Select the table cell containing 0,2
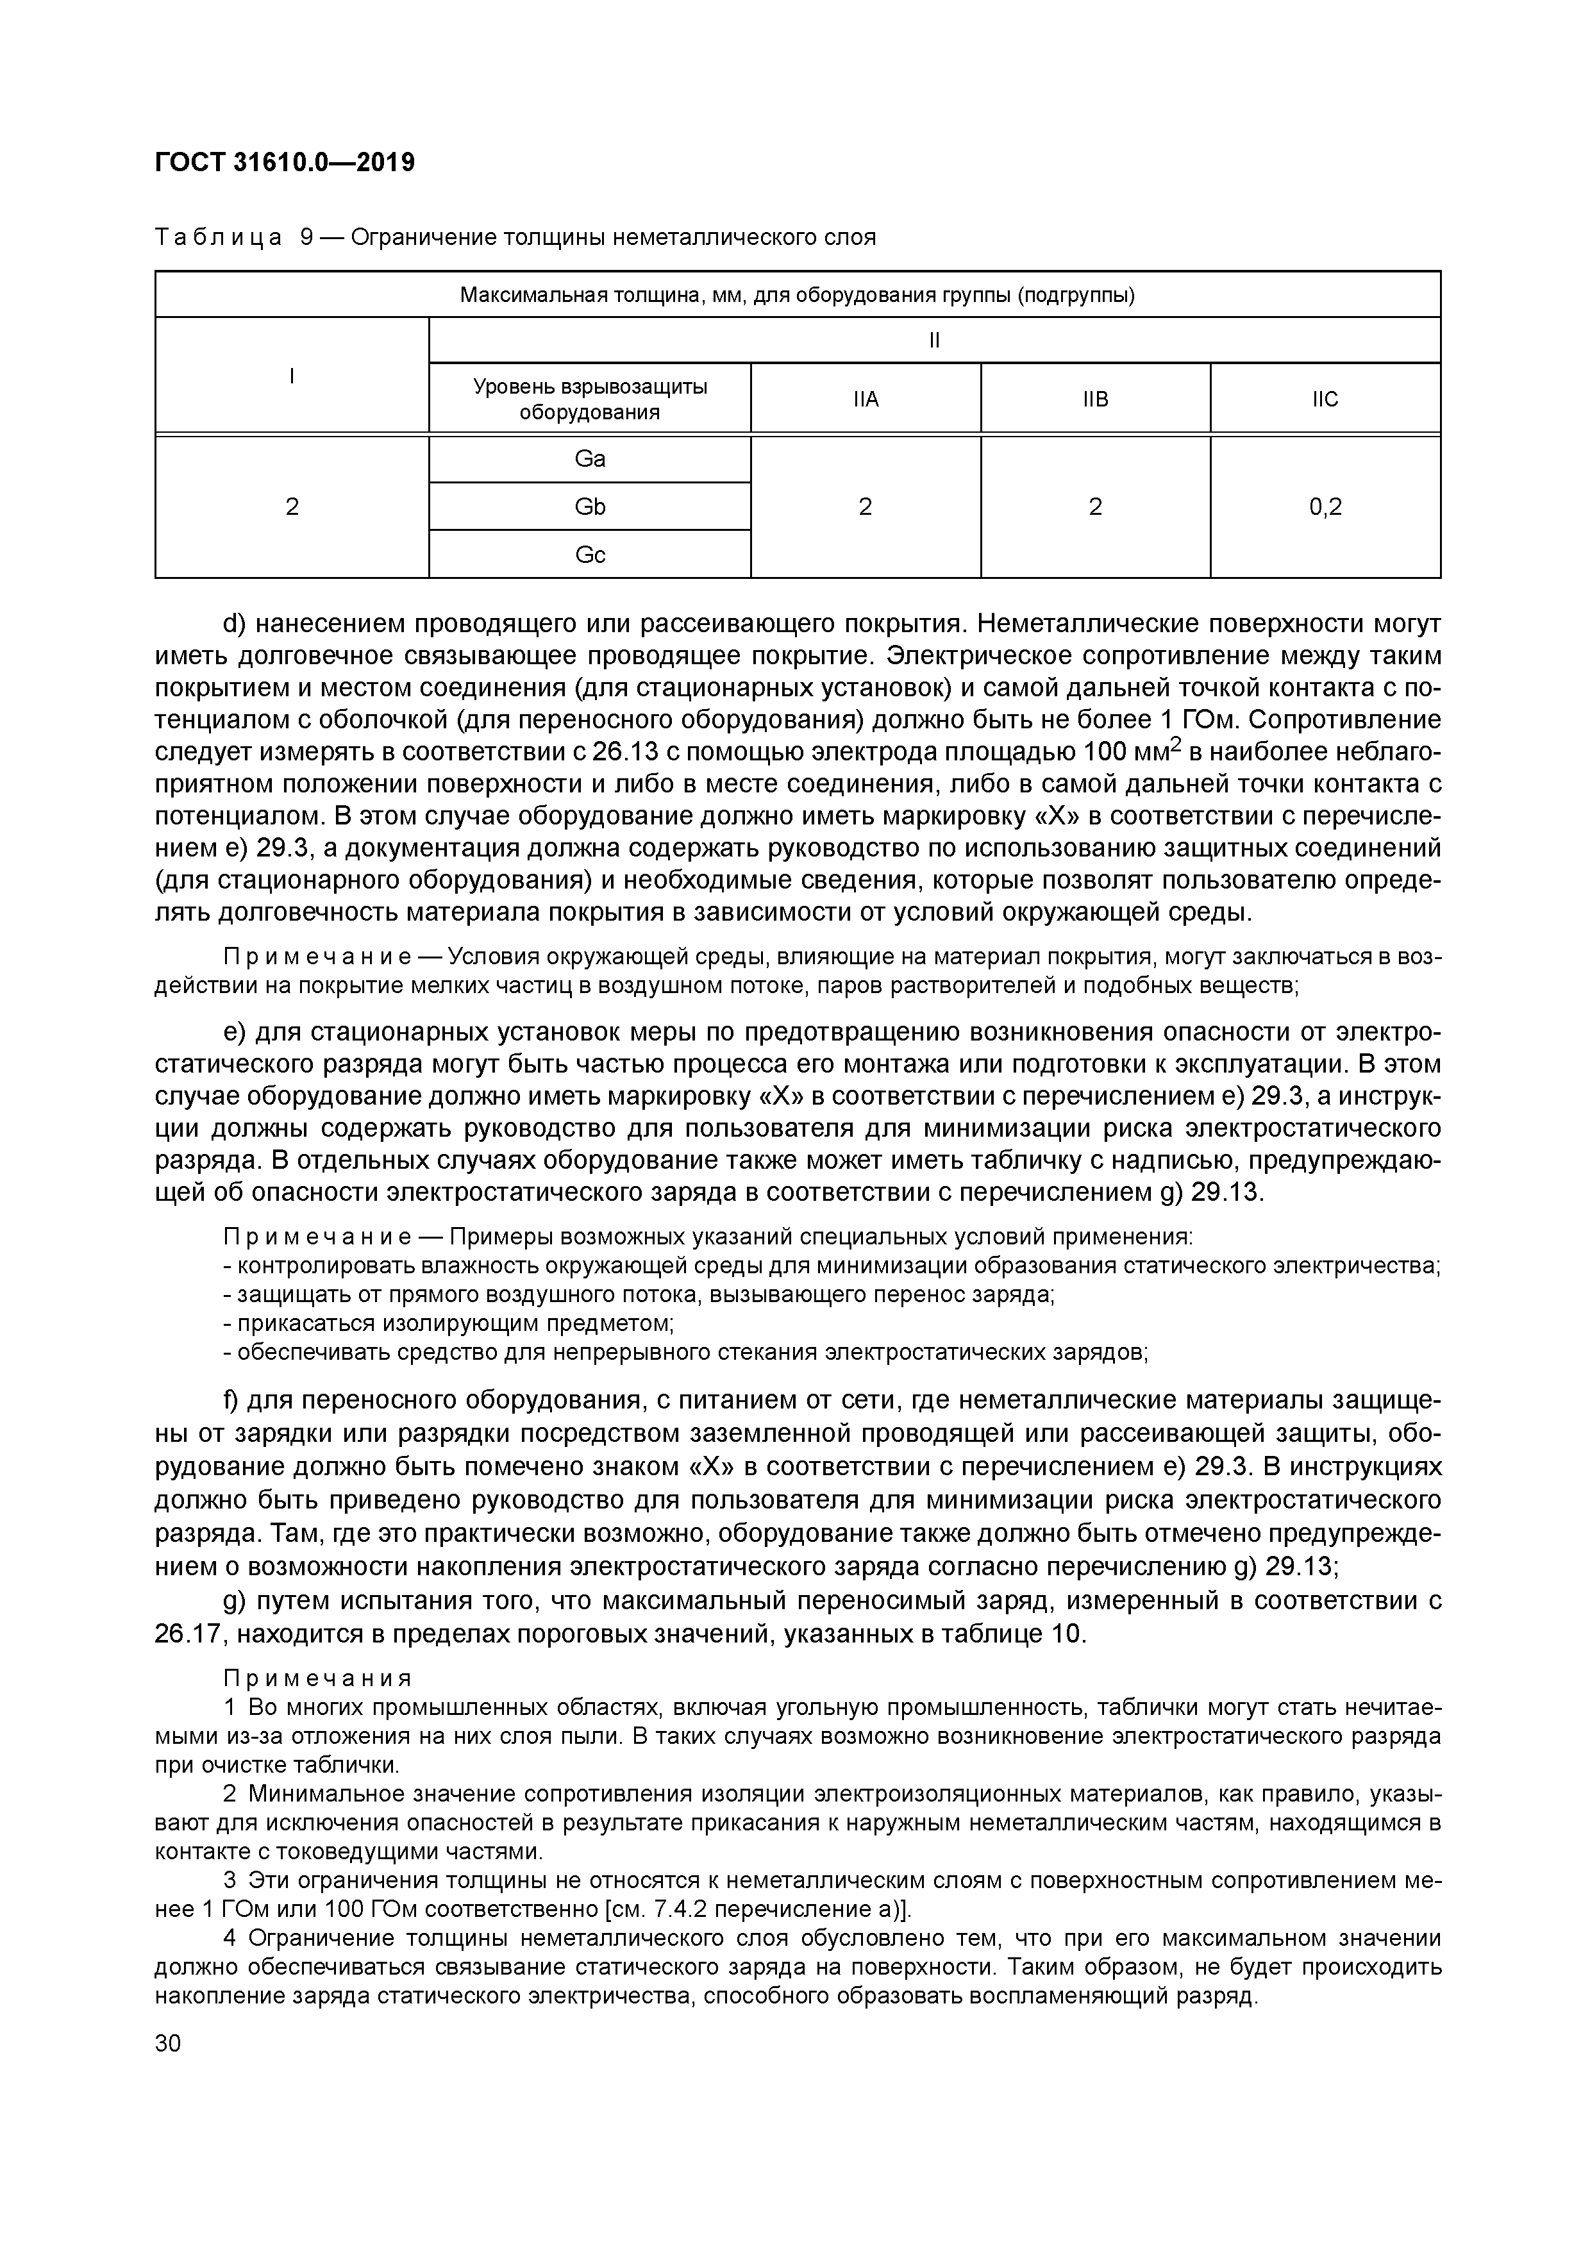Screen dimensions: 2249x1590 [1325, 506]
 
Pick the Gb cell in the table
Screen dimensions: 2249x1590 [590, 506]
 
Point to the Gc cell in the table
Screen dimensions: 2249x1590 [590, 555]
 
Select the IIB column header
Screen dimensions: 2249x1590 [1095, 399]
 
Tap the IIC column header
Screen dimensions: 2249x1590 [1325, 399]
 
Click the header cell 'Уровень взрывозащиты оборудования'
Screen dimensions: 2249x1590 [590, 399]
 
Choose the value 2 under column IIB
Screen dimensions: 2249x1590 [1095, 506]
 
